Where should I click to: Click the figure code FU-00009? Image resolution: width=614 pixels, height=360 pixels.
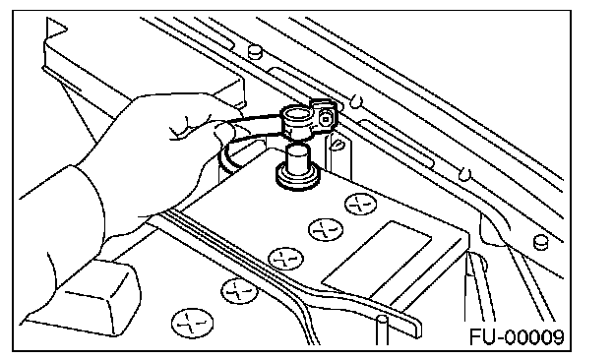click(x=517, y=337)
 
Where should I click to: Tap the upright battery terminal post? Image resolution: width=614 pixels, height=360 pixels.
click(x=297, y=161)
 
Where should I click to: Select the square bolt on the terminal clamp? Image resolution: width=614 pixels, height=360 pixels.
click(x=327, y=118)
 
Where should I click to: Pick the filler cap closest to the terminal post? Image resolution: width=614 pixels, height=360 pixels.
click(x=360, y=204)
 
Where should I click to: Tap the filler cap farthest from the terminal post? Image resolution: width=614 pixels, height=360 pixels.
click(x=192, y=324)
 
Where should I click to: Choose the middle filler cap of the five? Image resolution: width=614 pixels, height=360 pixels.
click(x=286, y=259)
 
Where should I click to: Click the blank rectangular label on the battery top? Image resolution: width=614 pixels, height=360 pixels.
click(x=377, y=260)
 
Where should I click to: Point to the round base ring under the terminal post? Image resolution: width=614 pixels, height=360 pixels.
click(x=297, y=179)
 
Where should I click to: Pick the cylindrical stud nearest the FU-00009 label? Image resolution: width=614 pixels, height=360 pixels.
click(x=540, y=242)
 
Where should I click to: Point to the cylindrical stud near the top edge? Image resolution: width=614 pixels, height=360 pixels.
click(x=255, y=51)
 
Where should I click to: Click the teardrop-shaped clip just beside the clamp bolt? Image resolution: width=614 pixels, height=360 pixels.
click(x=355, y=101)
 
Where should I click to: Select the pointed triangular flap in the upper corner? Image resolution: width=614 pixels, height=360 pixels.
click(x=56, y=29)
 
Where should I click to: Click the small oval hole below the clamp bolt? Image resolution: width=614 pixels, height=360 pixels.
click(x=336, y=146)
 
